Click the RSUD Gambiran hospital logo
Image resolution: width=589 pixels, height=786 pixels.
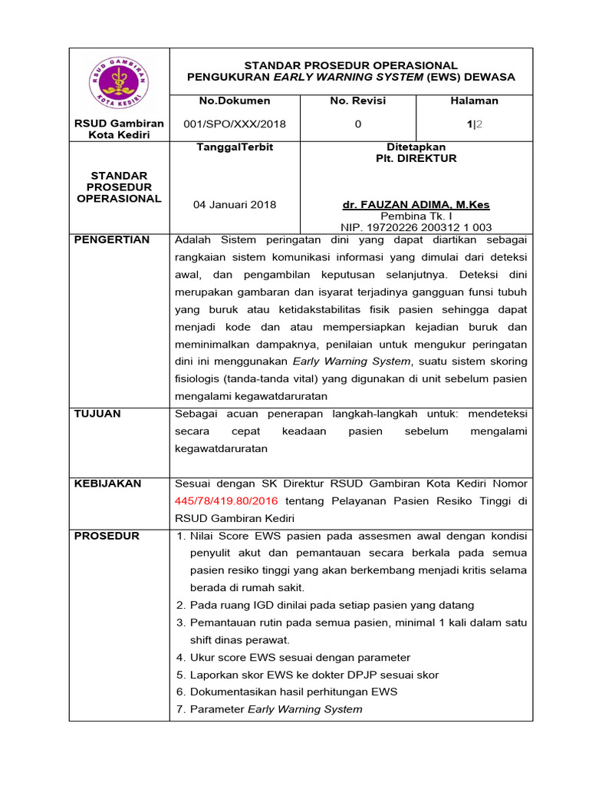[x=119, y=81]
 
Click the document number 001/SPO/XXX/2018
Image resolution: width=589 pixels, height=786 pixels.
[x=235, y=124]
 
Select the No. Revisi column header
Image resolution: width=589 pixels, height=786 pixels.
[x=357, y=101]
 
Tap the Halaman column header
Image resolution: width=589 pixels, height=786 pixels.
[x=474, y=101]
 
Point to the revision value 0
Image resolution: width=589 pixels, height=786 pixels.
[x=357, y=124]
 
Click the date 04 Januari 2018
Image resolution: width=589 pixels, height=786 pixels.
[x=235, y=205]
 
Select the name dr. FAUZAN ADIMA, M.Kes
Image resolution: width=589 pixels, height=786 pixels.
[x=416, y=205]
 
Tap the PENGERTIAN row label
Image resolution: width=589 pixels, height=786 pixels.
[x=112, y=240]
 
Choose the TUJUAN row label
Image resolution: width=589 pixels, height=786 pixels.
[x=97, y=414]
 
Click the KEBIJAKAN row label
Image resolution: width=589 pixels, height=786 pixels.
[x=107, y=484]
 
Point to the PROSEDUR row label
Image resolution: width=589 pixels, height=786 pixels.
[x=107, y=536]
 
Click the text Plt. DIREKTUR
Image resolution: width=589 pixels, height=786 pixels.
[x=416, y=158]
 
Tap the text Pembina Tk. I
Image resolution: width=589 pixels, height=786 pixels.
[x=416, y=216]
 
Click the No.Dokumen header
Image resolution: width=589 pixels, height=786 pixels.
[x=235, y=101]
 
